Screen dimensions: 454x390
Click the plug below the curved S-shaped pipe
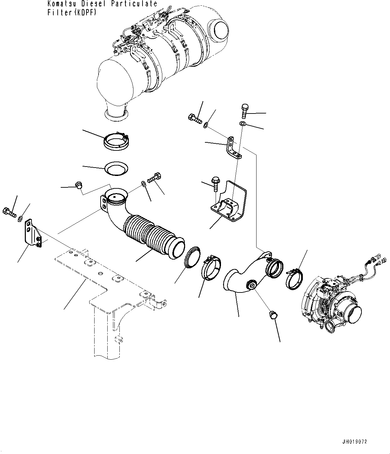coord(273,315)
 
